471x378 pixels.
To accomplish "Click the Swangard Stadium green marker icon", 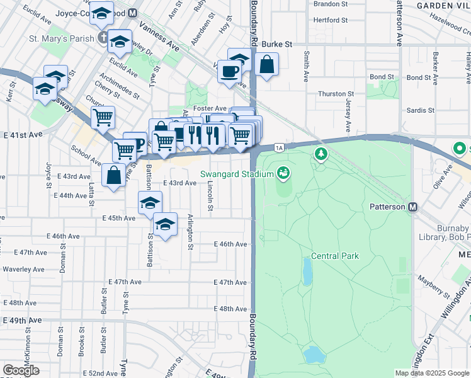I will pyautogui.click(x=283, y=172).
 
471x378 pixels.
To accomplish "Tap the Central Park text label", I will pyautogui.click(x=334, y=256).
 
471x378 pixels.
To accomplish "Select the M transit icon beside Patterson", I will pyautogui.click(x=413, y=207).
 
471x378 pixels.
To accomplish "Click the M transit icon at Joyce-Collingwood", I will pyautogui.click(x=132, y=13).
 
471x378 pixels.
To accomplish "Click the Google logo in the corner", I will pyautogui.click(x=21, y=370).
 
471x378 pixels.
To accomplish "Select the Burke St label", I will pyautogui.click(x=277, y=45).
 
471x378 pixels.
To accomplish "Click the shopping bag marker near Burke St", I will pyautogui.click(x=267, y=64).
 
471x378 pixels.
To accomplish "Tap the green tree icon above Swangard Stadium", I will pyautogui.click(x=321, y=153).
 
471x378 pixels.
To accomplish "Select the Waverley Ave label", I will pyautogui.click(x=23, y=269).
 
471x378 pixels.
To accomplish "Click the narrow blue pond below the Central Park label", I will pyautogui.click(x=307, y=272).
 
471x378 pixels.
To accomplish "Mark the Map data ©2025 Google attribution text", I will pyautogui.click(x=432, y=373).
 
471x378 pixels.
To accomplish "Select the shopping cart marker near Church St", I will pyautogui.click(x=103, y=117).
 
